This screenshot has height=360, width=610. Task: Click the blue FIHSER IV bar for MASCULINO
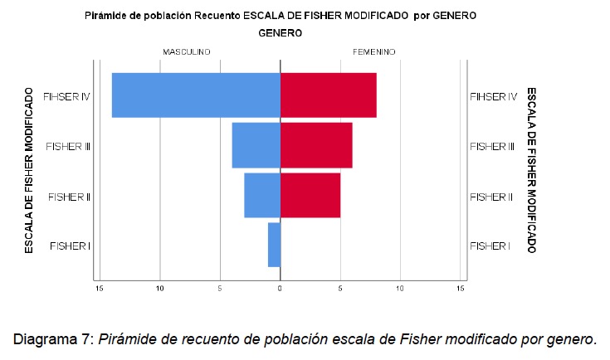pyautogui.click(x=196, y=95)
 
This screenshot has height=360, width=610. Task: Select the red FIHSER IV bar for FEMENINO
pyautogui.click(x=329, y=95)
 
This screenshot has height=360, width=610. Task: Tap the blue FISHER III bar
pyautogui.click(x=256, y=145)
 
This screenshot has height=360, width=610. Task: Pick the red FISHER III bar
pyautogui.click(x=316, y=145)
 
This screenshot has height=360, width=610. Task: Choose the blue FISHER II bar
pyautogui.click(x=262, y=196)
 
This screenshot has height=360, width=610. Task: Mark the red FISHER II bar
pyautogui.click(x=310, y=196)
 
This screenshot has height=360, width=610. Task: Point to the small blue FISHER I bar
pyautogui.click(x=275, y=246)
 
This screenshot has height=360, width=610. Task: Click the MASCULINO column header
pyautogui.click(x=186, y=51)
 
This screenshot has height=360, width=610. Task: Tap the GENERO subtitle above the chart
pyautogui.click(x=280, y=33)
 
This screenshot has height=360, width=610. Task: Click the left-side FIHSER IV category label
pyautogui.click(x=66, y=96)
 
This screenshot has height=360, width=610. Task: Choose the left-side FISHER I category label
pyautogui.click(x=70, y=246)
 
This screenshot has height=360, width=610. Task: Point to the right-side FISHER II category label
pyautogui.click(x=491, y=197)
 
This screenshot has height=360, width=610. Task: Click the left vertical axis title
pyautogui.click(x=28, y=171)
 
